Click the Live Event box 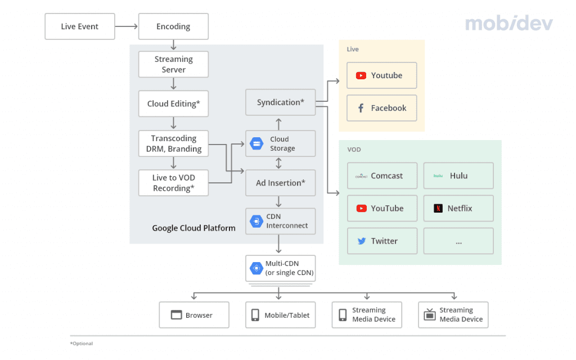click(79, 26)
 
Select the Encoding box click(173, 26)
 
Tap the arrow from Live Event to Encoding click(127, 26)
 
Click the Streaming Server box click(173, 64)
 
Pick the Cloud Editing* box click(173, 103)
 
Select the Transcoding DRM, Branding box click(173, 143)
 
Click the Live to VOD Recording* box click(173, 183)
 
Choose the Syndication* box click(280, 102)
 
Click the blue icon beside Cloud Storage click(256, 144)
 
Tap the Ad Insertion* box click(280, 183)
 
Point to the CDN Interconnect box click(280, 221)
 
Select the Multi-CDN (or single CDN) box click(280, 268)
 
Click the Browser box click(193, 315)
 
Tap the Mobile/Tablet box click(280, 315)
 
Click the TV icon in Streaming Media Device click(429, 315)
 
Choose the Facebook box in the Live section click(381, 108)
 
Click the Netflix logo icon click(438, 209)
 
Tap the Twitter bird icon click(362, 241)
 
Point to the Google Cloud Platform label click(193, 228)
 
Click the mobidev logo click(508, 24)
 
